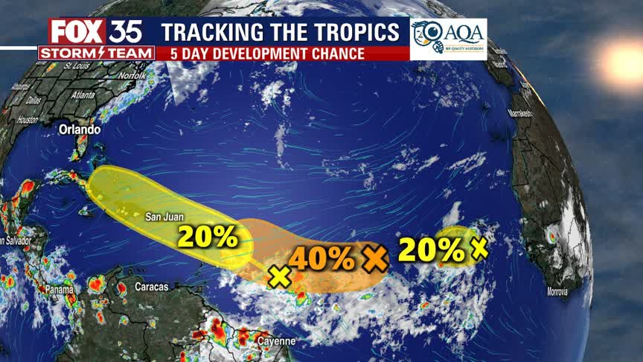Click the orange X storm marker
[376, 258]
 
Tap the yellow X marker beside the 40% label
[280, 276]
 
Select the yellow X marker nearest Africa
[479, 247]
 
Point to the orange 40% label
[321, 258]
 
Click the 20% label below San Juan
[207, 237]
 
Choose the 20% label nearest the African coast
[431, 250]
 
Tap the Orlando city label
[80, 130]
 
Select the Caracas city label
[152, 286]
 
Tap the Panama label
[58, 290]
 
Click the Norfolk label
[132, 76]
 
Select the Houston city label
[28, 119]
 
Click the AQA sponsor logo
[448, 39]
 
